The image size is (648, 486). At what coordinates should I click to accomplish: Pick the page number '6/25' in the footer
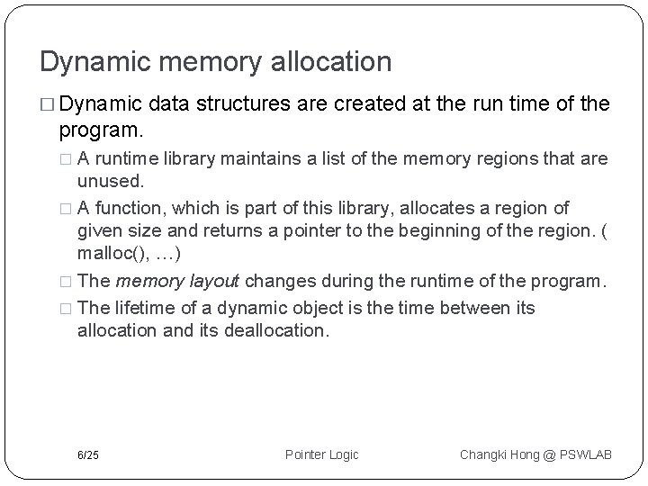pos(88,454)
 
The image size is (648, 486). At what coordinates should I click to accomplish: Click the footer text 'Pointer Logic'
pos(321,454)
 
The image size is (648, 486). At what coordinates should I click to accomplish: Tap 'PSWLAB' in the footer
pos(584,454)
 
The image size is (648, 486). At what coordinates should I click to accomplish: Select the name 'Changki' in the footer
pos(483,454)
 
